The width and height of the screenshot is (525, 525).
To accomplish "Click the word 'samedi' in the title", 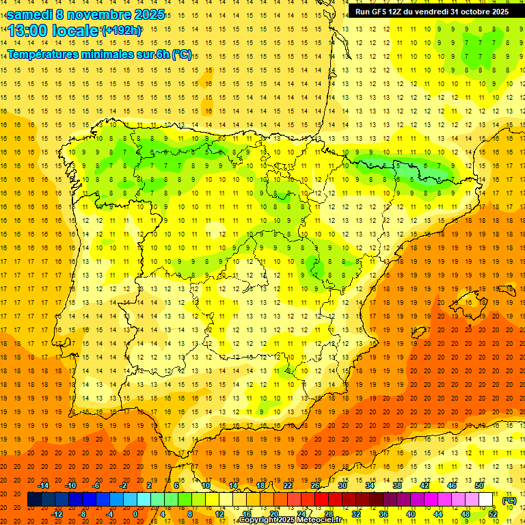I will (29, 14).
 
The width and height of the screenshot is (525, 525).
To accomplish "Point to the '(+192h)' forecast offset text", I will (121, 31).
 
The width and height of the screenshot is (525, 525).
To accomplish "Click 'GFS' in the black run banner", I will (384, 12).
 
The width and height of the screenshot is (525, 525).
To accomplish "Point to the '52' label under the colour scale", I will (493, 514).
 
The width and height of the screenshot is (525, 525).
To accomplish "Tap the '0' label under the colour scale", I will (136, 514).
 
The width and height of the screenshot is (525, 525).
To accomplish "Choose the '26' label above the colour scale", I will (315, 485).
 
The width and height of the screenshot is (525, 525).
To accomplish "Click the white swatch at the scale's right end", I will (486, 500).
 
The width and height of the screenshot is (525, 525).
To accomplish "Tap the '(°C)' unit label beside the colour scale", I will (509, 500).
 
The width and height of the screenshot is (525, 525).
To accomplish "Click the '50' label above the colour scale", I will (479, 485).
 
